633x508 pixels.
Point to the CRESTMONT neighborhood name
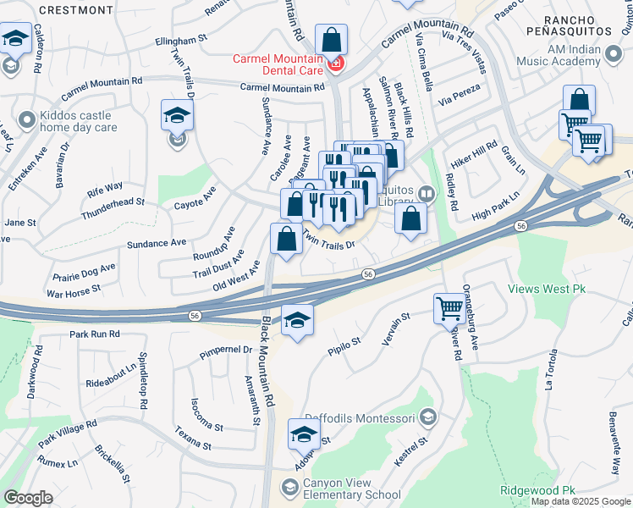75,10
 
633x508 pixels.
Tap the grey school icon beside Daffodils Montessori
427,417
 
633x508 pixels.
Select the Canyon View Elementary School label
352,489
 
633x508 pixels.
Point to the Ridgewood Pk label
537,490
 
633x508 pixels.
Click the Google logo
28,498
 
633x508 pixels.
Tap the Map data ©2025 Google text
581,501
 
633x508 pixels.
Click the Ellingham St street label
182,39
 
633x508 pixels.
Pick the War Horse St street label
74,290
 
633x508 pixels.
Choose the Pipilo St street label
344,345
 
